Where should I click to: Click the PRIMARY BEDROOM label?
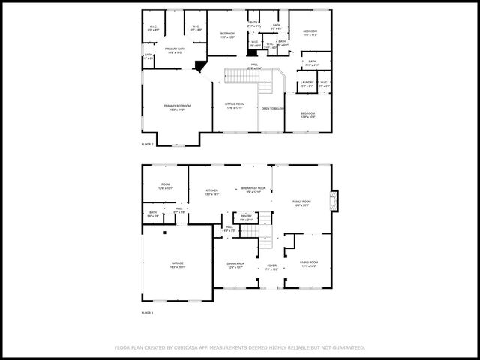tap(177, 107)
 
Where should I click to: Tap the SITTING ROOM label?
tap(235, 105)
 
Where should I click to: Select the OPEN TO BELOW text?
tap(272, 109)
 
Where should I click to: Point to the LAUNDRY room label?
tap(307, 83)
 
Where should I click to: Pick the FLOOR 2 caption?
tap(147, 144)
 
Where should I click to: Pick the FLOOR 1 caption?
tap(147, 312)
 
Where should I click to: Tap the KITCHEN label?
tap(212, 192)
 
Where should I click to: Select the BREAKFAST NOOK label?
tap(254, 189)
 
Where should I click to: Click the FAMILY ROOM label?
tap(301, 202)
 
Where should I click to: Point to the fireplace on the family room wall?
tap(337, 201)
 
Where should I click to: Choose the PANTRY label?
tap(246, 217)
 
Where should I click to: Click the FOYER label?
tap(271, 266)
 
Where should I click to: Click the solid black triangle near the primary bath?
tap(199, 66)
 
